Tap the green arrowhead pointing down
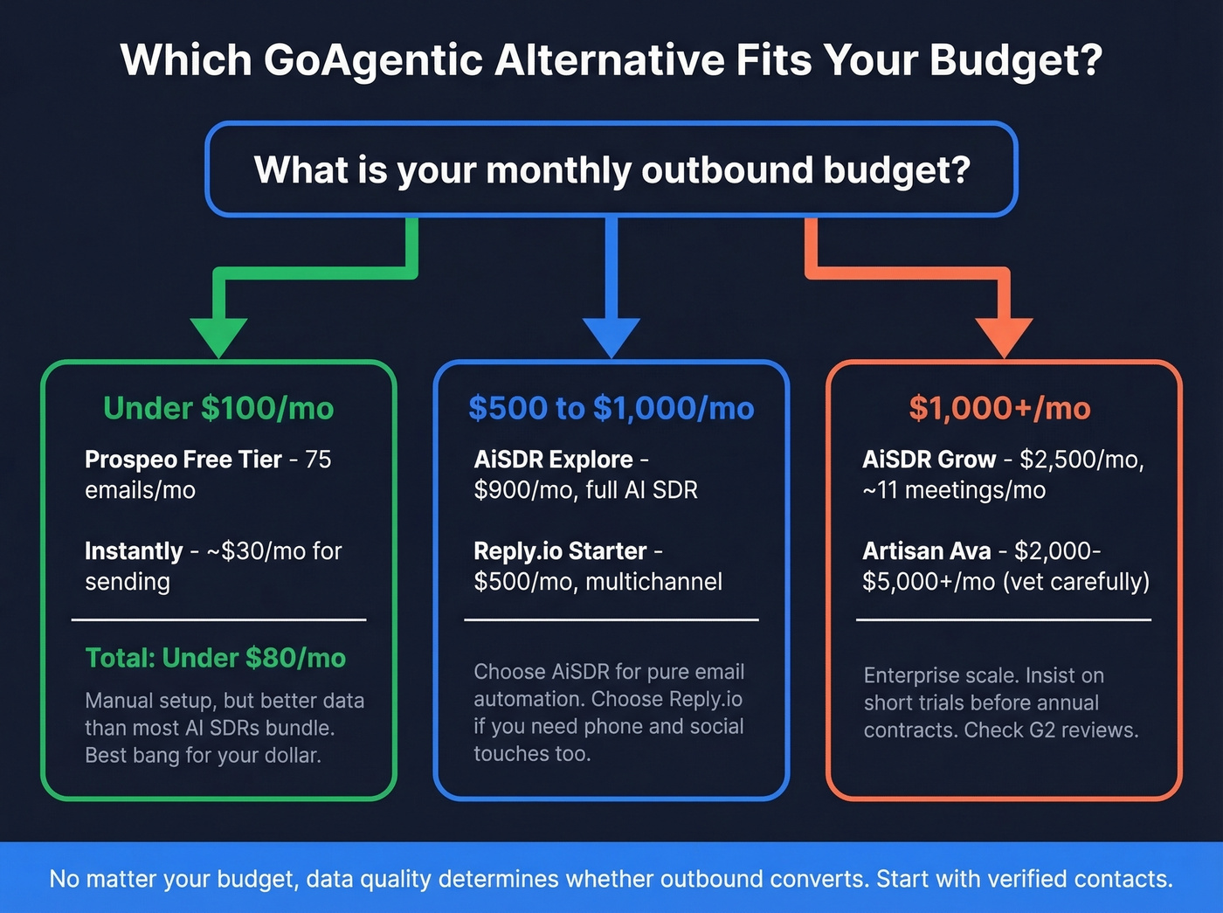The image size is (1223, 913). coord(218,335)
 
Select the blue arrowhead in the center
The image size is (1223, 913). coord(611,335)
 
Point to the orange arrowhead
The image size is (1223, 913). coord(1004,335)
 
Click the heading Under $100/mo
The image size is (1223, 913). coord(218,408)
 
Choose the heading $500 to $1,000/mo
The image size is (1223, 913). coord(611,408)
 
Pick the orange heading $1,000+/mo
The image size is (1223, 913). coord(1000,408)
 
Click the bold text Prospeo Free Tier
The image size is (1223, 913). coord(183,460)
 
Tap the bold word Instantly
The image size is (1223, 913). coord(134,551)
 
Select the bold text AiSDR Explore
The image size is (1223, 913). coord(554,460)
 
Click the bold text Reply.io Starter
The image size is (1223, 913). coord(560,551)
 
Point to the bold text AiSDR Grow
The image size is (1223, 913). coord(929,460)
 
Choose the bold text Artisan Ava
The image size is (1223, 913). coord(927,551)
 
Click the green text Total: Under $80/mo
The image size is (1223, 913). coord(216,658)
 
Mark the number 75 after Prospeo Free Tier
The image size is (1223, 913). coord(318,460)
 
